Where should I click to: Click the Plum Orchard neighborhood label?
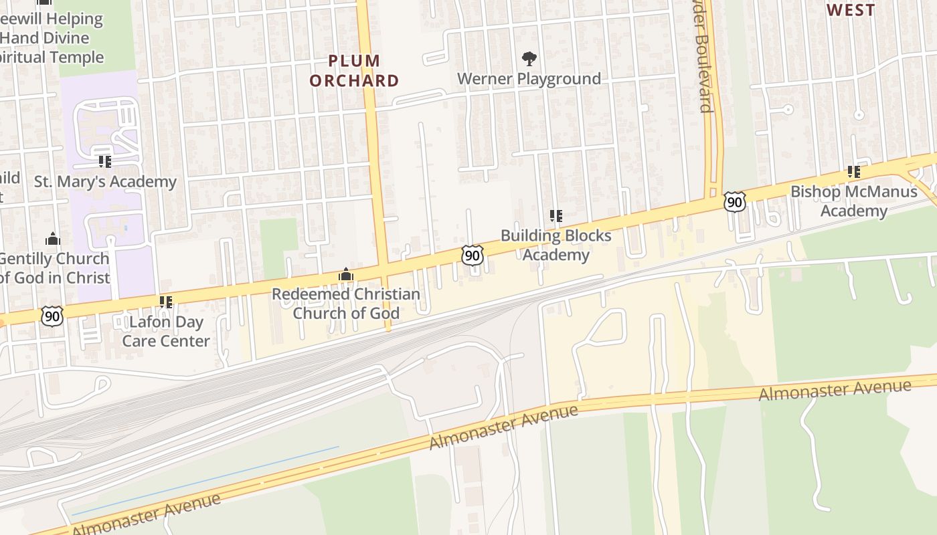[354, 71]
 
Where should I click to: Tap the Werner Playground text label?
[529, 79]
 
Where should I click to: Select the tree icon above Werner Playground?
[529, 59]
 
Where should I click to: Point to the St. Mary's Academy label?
[105, 181]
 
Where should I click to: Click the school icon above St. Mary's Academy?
[104, 162]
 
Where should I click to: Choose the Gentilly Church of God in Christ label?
[54, 267]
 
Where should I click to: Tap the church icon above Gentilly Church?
[53, 239]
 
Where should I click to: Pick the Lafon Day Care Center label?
[165, 331]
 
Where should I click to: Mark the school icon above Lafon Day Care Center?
[165, 302]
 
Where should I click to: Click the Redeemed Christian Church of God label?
[346, 304]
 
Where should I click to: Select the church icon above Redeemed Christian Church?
[346, 274]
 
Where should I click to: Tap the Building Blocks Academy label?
[556, 245]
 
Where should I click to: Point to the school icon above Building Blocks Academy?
[556, 216]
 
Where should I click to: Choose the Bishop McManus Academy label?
[854, 201]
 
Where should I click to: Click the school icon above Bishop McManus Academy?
[853, 172]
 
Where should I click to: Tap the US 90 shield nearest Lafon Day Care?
[52, 316]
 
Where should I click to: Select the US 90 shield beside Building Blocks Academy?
[473, 255]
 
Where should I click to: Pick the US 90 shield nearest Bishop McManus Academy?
[734, 201]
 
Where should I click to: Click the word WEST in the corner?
[851, 10]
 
